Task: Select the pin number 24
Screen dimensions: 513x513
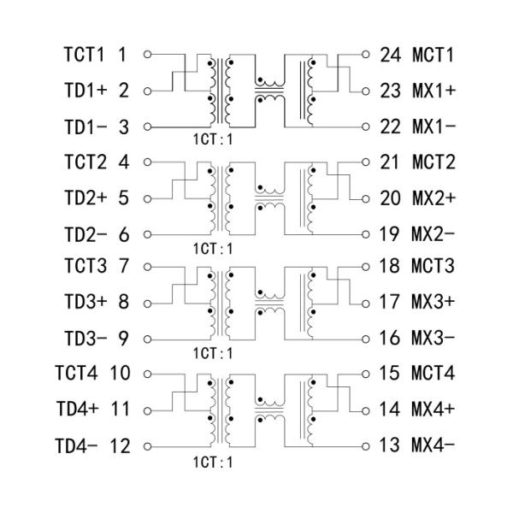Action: pyautogui.click(x=390, y=56)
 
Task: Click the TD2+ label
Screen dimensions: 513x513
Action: pyautogui.click(x=84, y=198)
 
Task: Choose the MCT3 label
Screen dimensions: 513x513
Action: pyautogui.click(x=433, y=267)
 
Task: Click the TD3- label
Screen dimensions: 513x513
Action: pyautogui.click(x=84, y=339)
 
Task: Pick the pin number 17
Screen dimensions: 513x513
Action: pyautogui.click(x=390, y=303)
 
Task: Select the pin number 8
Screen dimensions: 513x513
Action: pyautogui.click(x=124, y=303)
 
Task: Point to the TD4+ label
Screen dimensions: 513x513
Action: pyautogui.click(x=78, y=410)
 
